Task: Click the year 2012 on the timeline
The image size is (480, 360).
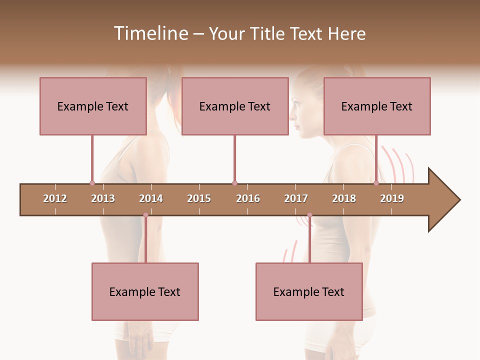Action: click(55, 198)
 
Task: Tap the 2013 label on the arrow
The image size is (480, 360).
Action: click(103, 198)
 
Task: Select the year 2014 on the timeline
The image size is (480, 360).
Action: click(151, 198)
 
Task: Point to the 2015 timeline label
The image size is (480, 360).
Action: click(199, 198)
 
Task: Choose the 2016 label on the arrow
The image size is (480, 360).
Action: click(248, 198)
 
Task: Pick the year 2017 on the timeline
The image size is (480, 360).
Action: click(296, 198)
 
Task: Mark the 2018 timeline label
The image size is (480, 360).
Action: click(344, 198)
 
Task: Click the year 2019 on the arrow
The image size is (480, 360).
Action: click(392, 198)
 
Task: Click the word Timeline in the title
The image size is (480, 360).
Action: click(149, 33)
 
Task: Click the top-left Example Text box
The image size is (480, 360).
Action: click(93, 106)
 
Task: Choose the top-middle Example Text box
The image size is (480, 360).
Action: click(235, 106)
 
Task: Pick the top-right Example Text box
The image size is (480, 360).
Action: click(377, 106)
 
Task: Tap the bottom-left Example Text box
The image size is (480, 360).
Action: click(145, 291)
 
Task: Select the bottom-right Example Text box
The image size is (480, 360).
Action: click(309, 291)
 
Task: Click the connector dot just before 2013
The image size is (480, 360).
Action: click(92, 183)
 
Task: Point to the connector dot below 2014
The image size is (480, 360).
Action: click(145, 215)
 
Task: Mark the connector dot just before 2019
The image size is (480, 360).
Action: click(376, 183)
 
